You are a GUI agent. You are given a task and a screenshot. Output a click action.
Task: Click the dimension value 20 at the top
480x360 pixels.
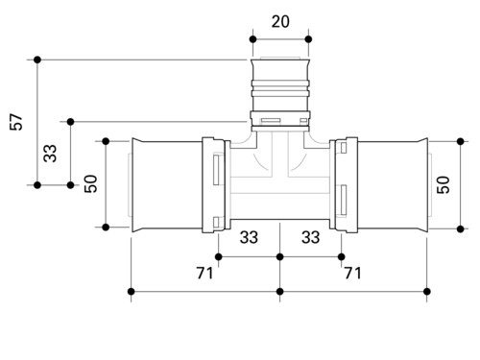[280, 22]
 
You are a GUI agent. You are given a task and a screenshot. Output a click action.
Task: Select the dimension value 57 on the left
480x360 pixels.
[16, 122]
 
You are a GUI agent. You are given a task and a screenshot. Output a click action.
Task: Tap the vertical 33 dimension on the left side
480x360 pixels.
[50, 154]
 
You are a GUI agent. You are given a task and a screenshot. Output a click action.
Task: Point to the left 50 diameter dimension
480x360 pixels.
[91, 183]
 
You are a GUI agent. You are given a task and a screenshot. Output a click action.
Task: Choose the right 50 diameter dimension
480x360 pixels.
[444, 184]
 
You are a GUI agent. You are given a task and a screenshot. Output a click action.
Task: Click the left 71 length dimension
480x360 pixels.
[204, 273]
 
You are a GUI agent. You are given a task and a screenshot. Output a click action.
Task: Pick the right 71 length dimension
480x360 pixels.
[352, 273]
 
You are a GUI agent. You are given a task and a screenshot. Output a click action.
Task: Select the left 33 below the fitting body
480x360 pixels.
[249, 237]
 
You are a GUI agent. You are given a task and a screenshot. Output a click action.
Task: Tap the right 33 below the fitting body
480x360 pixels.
[310, 237]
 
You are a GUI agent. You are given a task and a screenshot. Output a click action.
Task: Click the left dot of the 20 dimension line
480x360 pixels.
[252, 39]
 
